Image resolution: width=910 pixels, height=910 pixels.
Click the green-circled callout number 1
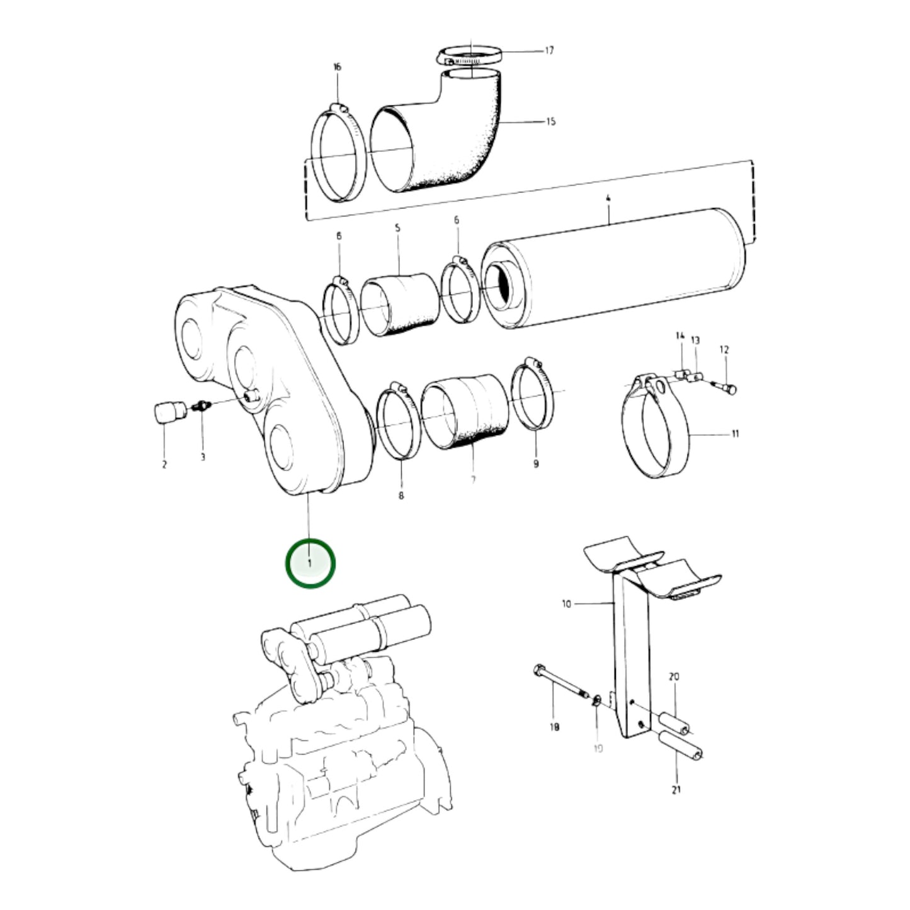click(310, 562)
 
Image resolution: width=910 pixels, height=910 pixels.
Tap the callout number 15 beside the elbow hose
click(550, 121)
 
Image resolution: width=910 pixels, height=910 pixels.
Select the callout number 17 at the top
click(549, 50)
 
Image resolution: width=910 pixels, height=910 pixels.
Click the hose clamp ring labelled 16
click(338, 154)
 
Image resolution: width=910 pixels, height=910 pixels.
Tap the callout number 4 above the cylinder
click(608, 198)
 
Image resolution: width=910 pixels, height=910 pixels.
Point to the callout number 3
click(203, 457)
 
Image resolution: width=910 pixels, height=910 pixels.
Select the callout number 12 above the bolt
click(724, 350)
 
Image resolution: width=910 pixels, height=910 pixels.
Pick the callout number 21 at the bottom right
click(676, 790)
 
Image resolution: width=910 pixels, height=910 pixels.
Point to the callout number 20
click(674, 677)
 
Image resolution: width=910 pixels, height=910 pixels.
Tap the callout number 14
click(680, 336)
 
